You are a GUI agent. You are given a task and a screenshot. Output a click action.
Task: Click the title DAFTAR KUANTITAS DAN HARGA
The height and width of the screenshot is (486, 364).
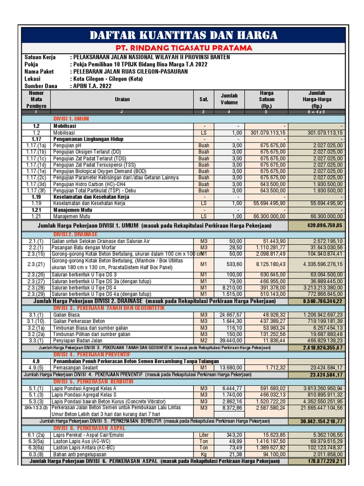(x=182, y=35)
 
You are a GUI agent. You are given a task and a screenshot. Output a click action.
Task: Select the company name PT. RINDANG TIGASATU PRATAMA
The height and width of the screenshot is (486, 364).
(x=182, y=48)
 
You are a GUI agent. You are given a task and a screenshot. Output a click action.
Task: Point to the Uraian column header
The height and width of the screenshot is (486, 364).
(x=122, y=99)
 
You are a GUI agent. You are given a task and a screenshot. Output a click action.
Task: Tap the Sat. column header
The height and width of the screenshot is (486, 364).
(x=203, y=99)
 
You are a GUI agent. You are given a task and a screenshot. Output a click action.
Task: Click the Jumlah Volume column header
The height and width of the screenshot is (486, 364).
(x=229, y=99)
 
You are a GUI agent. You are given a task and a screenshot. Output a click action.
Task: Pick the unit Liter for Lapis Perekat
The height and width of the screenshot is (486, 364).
(x=203, y=435)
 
